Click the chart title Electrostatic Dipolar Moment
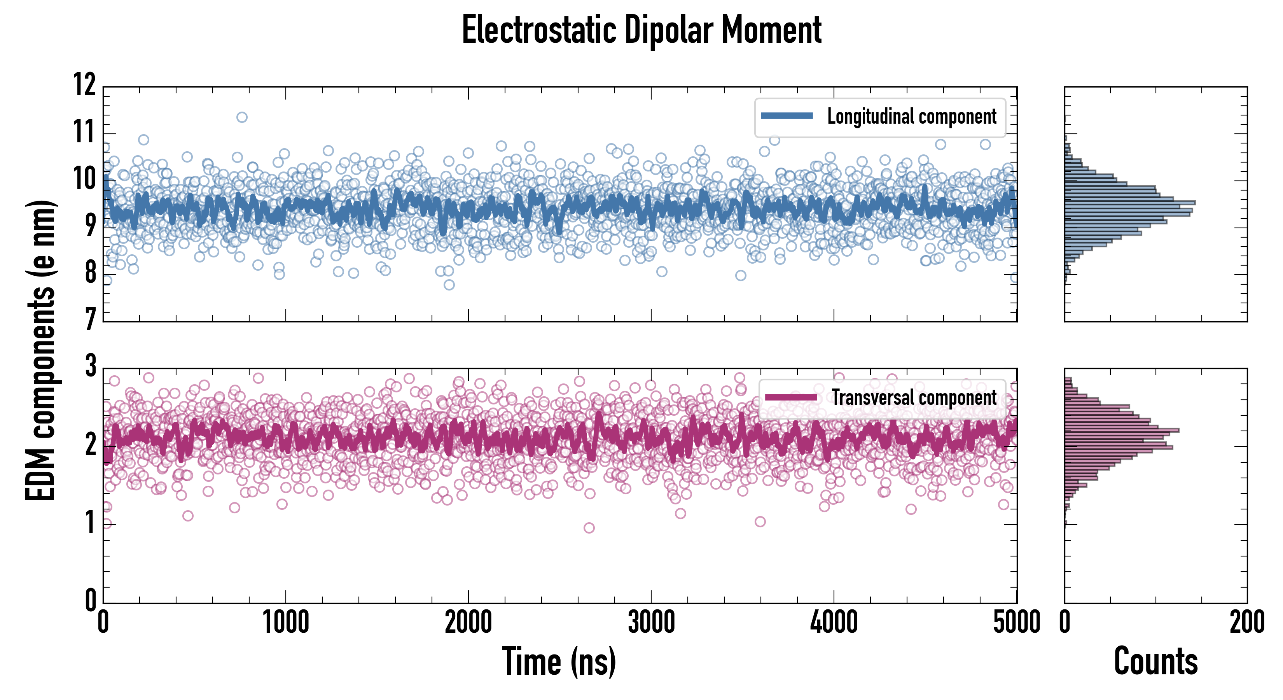pyautogui.click(x=641, y=30)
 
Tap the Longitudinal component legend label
pyautogui.click(x=911, y=117)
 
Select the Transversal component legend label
pyautogui.click(x=914, y=397)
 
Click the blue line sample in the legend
pyautogui.click(x=787, y=116)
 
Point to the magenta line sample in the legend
pyautogui.click(x=791, y=397)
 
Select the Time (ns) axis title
pyautogui.click(x=559, y=661)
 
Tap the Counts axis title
pyautogui.click(x=1155, y=661)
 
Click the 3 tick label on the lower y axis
pyautogui.click(x=90, y=367)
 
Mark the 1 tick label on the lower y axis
pyautogui.click(x=90, y=523)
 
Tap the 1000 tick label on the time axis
pyautogui.click(x=285, y=623)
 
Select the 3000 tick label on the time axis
pyautogui.click(x=651, y=623)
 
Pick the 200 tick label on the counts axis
pyautogui.click(x=1246, y=623)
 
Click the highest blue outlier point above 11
pyautogui.click(x=241, y=117)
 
